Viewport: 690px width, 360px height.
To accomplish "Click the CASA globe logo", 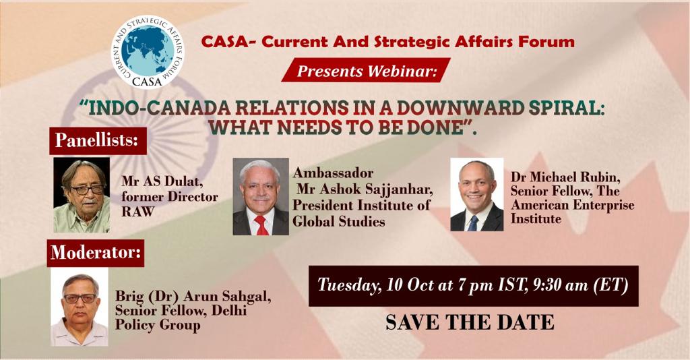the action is (148, 53).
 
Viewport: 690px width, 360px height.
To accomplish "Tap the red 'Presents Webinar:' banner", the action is (366, 70).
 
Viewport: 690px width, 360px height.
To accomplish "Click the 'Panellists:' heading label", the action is (98, 140).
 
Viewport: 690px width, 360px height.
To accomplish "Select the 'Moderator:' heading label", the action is (96, 253).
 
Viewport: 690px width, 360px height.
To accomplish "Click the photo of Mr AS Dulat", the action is (82, 195).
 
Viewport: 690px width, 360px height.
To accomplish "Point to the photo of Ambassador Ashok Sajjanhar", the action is (261, 196).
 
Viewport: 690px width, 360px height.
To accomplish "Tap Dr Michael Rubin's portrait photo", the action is (477, 195).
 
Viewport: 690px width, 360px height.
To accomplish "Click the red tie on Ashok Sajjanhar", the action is (261, 225).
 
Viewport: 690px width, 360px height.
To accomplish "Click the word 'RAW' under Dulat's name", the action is (137, 211).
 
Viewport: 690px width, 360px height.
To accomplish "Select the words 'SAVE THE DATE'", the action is (470, 322).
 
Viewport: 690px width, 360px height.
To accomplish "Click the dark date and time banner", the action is (474, 286).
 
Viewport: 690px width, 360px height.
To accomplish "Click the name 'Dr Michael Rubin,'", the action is (565, 177).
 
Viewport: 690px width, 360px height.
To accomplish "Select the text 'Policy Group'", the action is (158, 325).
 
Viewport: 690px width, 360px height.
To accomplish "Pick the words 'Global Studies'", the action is (338, 221).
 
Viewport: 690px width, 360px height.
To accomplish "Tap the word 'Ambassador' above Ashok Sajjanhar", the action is (333, 173).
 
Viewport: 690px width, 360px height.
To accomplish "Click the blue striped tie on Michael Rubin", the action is (473, 223).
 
